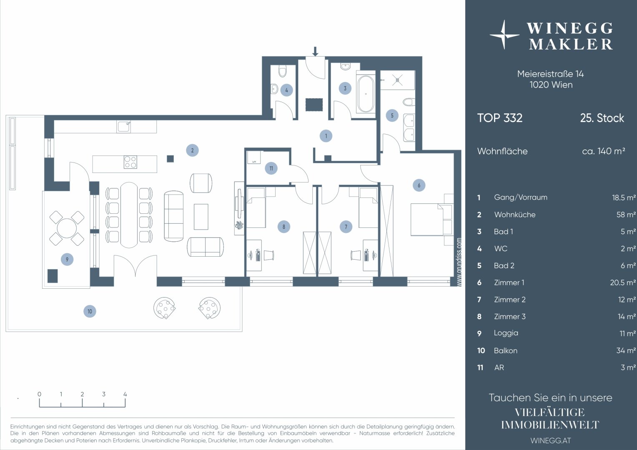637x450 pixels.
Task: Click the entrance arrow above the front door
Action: [315, 51]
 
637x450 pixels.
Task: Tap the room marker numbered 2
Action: [192, 150]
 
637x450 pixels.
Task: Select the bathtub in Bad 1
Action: [366, 94]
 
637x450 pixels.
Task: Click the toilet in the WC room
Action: [282, 71]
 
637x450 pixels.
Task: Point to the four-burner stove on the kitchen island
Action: [130, 162]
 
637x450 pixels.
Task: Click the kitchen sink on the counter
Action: [124, 127]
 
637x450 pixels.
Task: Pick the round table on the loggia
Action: [67, 228]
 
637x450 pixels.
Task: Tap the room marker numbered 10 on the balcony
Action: [90, 311]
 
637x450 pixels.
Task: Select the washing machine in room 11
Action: [254, 157]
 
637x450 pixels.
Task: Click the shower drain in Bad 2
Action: [397, 80]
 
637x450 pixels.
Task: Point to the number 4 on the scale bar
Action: [125, 394]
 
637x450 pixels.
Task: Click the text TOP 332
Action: [500, 118]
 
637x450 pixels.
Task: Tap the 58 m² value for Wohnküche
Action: [626, 215]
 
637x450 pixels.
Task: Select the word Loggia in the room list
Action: [506, 333]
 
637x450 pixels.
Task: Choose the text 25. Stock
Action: [602, 118]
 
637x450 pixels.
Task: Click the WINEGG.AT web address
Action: [551, 440]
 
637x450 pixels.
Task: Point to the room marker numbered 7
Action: [346, 227]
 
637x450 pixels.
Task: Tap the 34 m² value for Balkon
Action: [626, 350]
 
